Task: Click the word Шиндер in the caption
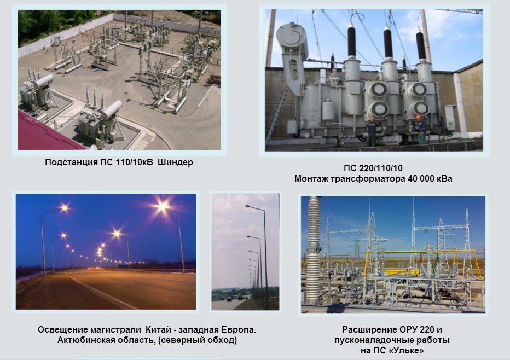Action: click(x=175, y=162)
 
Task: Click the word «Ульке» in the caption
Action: click(x=407, y=351)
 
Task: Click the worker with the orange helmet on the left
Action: click(x=372, y=131)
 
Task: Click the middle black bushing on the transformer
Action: click(x=388, y=42)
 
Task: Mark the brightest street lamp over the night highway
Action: click(x=162, y=206)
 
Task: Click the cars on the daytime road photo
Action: click(x=234, y=298)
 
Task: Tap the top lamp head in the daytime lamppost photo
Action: click(x=247, y=206)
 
